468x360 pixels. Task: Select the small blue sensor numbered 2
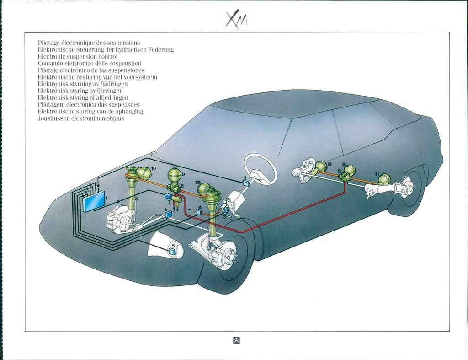[247, 183]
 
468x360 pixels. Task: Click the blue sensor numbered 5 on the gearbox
[173, 251]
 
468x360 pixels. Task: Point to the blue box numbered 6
[168, 214]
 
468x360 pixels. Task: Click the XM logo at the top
[236, 20]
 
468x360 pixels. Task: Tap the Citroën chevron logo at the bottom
[236, 340]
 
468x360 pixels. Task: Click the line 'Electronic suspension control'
[78, 56]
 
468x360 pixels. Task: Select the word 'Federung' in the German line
[161, 49]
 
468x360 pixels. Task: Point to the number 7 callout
[169, 202]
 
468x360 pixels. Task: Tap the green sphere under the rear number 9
[350, 170]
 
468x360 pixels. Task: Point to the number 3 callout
[224, 217]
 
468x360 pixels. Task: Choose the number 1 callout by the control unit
[106, 198]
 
